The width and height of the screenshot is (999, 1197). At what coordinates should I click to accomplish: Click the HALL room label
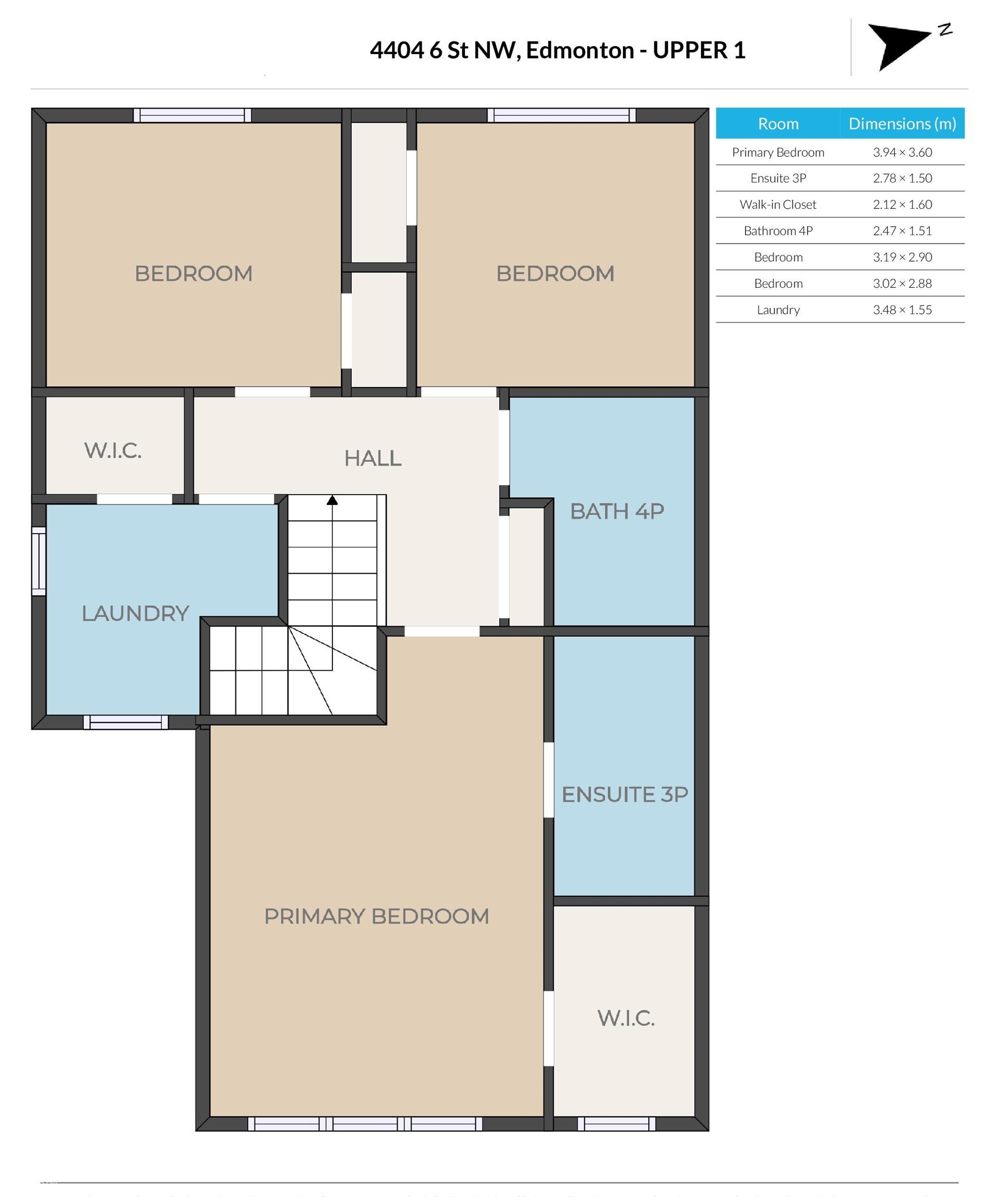(x=372, y=458)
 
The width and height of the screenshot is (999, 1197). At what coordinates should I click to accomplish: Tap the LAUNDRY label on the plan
(x=135, y=614)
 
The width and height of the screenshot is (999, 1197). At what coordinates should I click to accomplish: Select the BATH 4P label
(x=617, y=511)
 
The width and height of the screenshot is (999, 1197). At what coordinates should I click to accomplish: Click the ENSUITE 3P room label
(x=624, y=794)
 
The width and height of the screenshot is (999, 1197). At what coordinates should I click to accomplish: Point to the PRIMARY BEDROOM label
(x=376, y=916)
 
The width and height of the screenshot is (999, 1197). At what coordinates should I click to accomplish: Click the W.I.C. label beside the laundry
(x=113, y=450)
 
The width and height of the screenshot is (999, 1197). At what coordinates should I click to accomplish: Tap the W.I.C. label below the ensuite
(x=625, y=1018)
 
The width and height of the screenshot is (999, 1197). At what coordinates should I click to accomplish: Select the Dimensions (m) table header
(x=902, y=124)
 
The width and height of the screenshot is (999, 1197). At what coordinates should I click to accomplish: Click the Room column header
(x=778, y=124)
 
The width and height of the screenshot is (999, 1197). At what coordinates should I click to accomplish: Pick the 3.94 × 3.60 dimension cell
(x=902, y=152)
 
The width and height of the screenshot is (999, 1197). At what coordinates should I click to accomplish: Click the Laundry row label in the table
(x=778, y=310)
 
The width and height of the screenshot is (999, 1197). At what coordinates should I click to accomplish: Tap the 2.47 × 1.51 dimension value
(x=902, y=231)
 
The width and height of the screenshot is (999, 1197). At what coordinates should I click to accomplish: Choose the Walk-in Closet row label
(x=778, y=205)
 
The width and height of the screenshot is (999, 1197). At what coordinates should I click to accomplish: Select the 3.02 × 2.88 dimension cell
(x=902, y=283)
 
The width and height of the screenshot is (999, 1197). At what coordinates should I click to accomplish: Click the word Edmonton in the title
(x=580, y=50)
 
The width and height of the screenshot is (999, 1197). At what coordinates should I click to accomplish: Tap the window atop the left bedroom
(x=192, y=115)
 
